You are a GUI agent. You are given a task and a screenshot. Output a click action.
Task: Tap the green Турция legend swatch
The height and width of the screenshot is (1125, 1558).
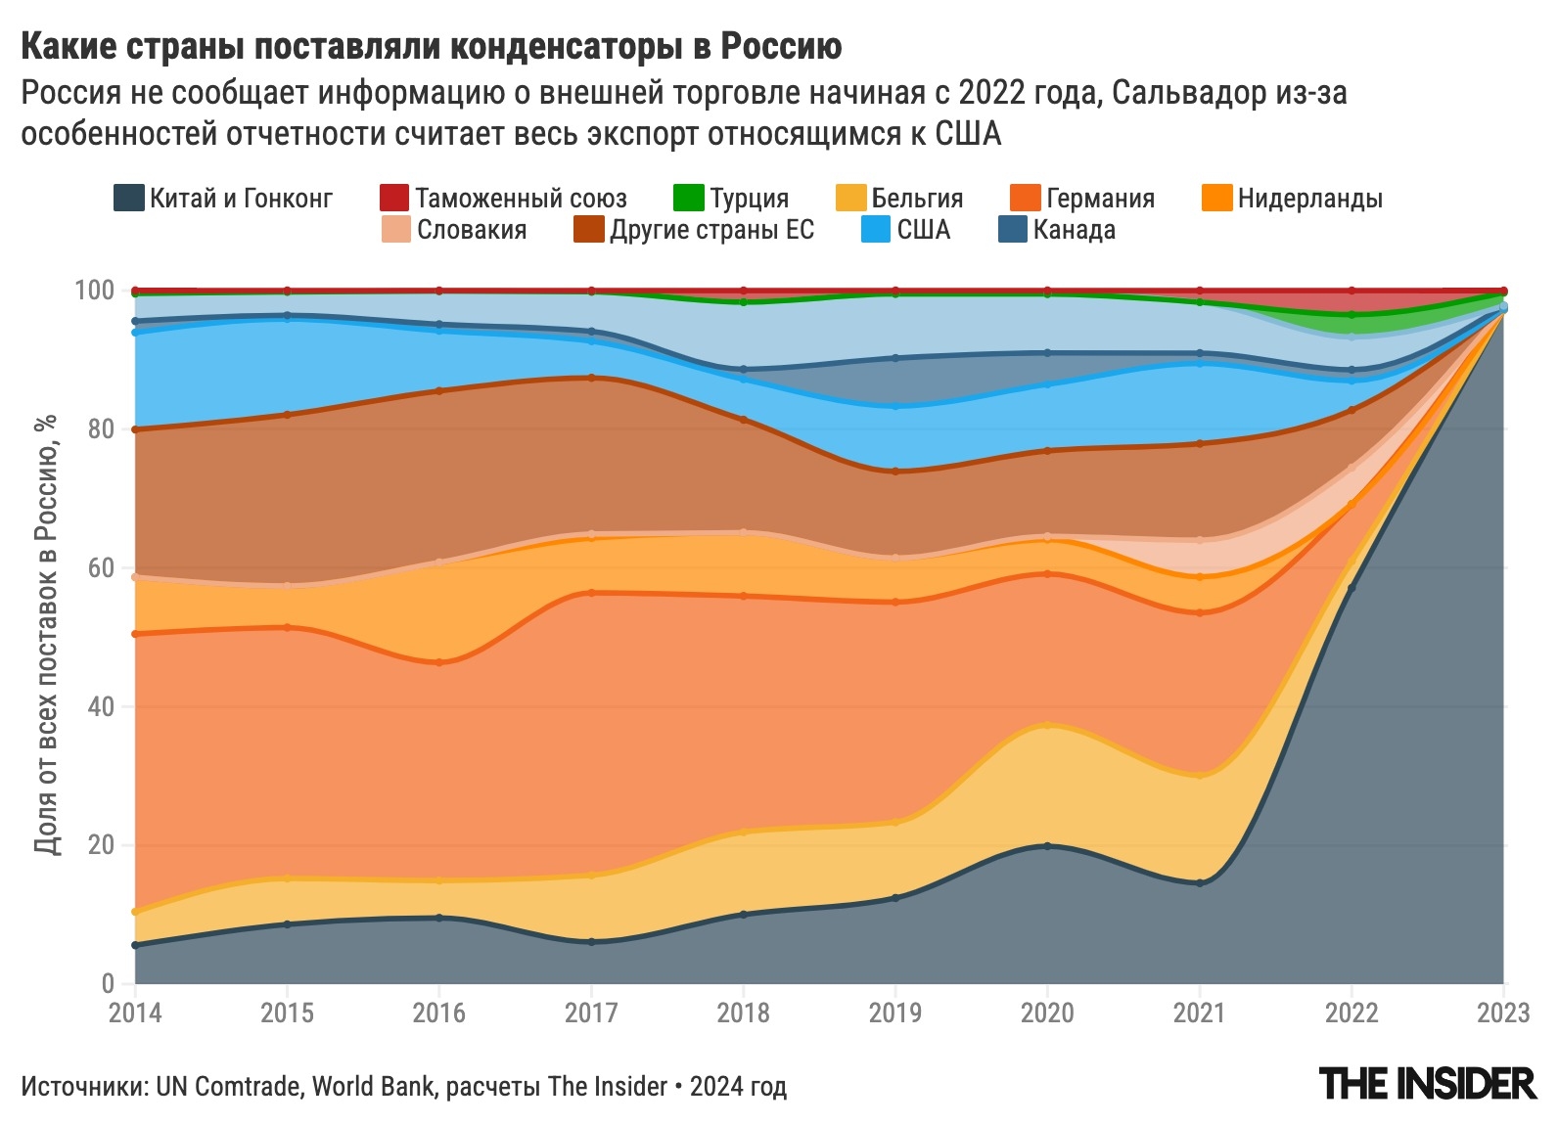[x=689, y=199]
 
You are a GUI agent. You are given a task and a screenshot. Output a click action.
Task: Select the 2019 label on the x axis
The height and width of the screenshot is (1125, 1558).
[x=894, y=1012]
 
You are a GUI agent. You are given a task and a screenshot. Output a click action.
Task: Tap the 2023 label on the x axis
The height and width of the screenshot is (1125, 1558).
[x=1503, y=1012]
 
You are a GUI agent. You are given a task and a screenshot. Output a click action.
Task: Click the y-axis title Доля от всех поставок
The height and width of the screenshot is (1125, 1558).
[x=46, y=636]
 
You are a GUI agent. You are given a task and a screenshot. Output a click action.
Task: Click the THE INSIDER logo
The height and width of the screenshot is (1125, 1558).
[x=1428, y=1084]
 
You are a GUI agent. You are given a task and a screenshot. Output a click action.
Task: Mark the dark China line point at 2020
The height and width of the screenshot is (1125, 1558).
[x=1047, y=846]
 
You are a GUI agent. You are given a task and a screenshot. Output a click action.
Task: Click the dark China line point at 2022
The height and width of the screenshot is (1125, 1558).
[x=1352, y=588]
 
